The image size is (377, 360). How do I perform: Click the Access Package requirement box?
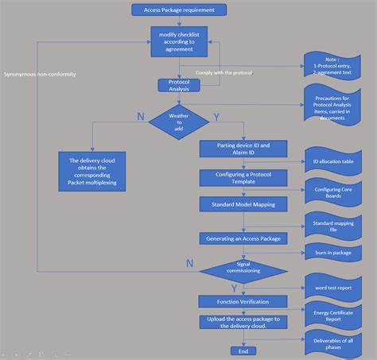click(x=179, y=10)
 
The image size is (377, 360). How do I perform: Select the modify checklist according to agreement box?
click(x=179, y=41)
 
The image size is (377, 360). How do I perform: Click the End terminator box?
click(x=243, y=350)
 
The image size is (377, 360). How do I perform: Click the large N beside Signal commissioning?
click(x=189, y=262)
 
